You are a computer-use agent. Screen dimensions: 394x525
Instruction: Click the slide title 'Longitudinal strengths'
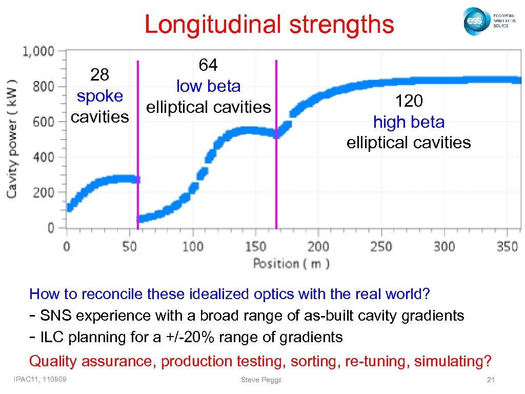coord(269,24)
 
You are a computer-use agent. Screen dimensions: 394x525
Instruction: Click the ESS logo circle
coord(474,22)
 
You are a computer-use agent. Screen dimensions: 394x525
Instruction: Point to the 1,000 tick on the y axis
coord(38,51)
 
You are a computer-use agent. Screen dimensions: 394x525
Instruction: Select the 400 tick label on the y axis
coord(44,157)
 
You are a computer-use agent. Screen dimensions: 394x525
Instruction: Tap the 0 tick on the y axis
coord(50,228)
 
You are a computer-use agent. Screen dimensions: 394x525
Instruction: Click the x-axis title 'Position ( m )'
coord(291,264)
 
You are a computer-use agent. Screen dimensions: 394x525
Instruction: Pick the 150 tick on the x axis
coord(255,246)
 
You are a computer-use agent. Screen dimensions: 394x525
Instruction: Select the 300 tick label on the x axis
coord(443,246)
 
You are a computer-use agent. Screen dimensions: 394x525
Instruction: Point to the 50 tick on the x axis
coord(130,246)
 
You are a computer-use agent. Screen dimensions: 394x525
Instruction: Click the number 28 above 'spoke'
coord(99,75)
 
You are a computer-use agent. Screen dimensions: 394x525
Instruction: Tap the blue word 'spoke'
coord(99,96)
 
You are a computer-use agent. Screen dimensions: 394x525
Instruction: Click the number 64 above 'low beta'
coord(208,65)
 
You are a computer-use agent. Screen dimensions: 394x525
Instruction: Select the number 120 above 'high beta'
coord(409,101)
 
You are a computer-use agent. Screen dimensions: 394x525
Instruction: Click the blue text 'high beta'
coord(409,122)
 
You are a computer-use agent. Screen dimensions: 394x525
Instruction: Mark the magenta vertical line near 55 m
coord(137,144)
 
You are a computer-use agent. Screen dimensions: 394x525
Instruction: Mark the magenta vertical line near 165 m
coord(276,144)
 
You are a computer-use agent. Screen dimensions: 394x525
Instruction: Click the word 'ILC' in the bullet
coord(52,337)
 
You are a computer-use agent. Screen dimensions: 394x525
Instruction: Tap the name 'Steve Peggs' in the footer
coord(261,380)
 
